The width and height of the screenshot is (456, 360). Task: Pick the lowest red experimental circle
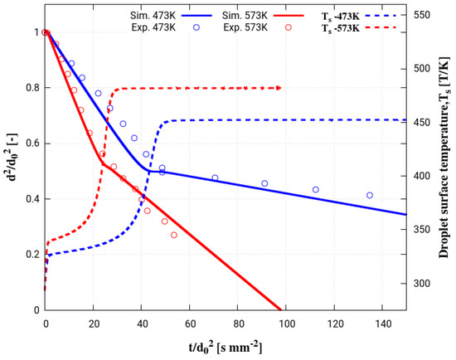(x=174, y=235)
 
